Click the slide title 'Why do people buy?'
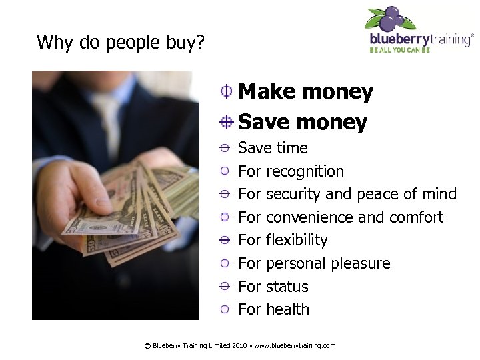(121, 43)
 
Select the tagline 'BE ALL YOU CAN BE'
(400, 49)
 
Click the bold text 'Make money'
(305, 92)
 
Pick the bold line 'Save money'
(302, 122)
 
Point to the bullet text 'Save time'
(273, 148)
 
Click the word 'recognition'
(305, 171)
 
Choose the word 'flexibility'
(297, 240)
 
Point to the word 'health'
(287, 309)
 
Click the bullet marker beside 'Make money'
(227, 92)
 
